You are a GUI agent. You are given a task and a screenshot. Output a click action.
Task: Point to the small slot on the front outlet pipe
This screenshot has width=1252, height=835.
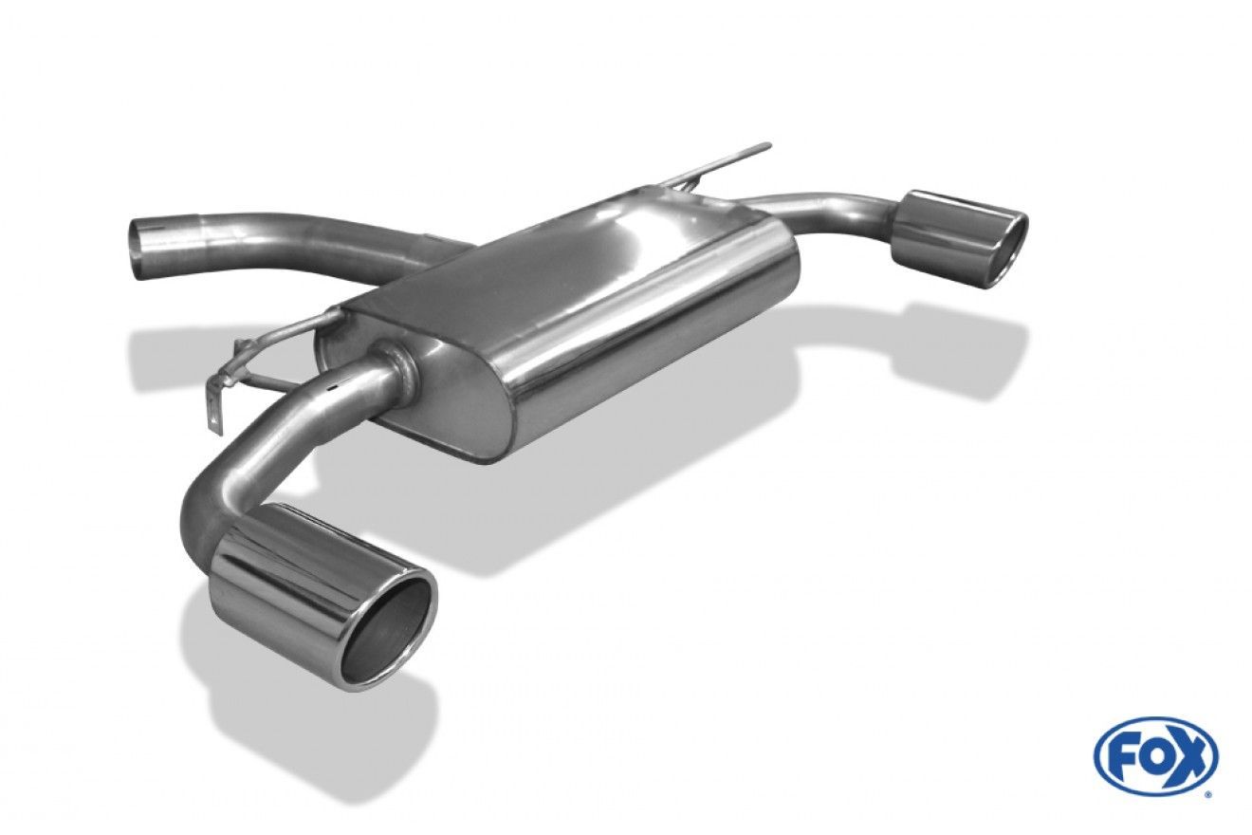click(334, 385)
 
